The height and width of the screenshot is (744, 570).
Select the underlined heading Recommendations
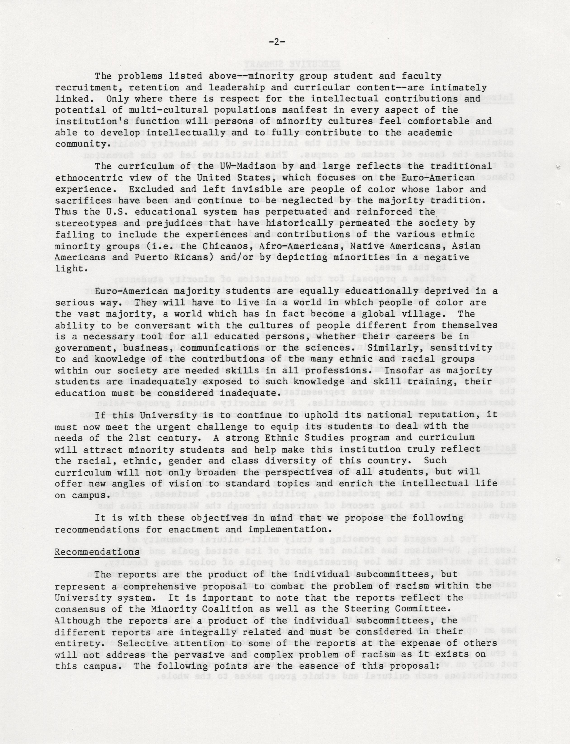(x=97, y=552)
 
